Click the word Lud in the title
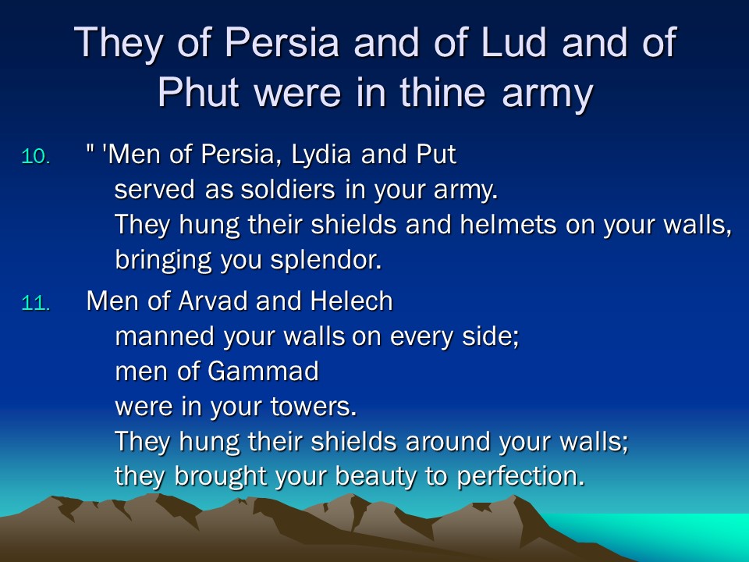pyautogui.click(x=513, y=42)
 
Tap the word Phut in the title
pyautogui.click(x=198, y=92)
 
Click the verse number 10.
pyautogui.click(x=36, y=156)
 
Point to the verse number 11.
pyautogui.click(x=36, y=304)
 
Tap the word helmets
pyautogui.click(x=508, y=224)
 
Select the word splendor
pyautogui.click(x=326, y=261)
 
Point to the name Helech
pyautogui.click(x=351, y=301)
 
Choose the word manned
pyautogui.click(x=165, y=336)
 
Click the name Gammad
pyautogui.click(x=263, y=372)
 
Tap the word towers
pyautogui.click(x=314, y=407)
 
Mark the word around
pyautogui.click(x=448, y=441)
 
